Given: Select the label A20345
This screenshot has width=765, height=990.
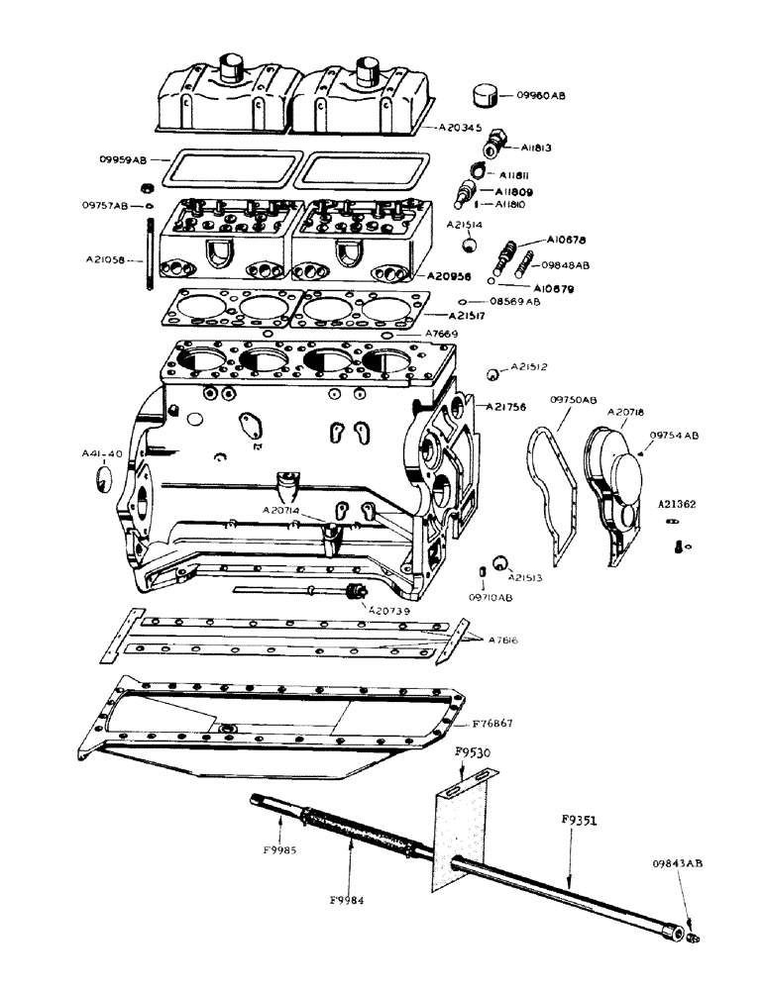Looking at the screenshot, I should pyautogui.click(x=451, y=128).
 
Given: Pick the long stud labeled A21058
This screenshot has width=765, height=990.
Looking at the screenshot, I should pyautogui.click(x=148, y=260).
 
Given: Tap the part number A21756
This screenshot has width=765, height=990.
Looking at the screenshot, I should pyautogui.click(x=506, y=407).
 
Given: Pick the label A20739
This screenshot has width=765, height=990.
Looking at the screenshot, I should pyautogui.click(x=390, y=611).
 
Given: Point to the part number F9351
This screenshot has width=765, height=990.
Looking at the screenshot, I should pyautogui.click(x=579, y=821).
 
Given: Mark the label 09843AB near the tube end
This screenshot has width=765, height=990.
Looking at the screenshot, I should pyautogui.click(x=680, y=863).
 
